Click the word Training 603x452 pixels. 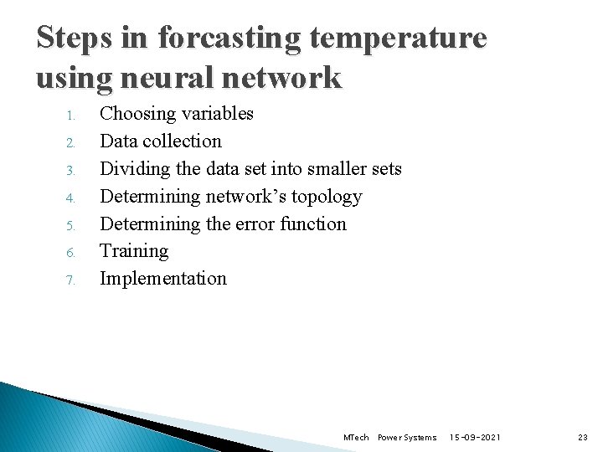pos(134,251)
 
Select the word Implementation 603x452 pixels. pos(163,278)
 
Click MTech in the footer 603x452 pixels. pos(356,437)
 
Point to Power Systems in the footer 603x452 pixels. pos(407,437)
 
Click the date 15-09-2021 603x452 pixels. pos(476,437)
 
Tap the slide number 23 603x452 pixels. pos(583,437)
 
